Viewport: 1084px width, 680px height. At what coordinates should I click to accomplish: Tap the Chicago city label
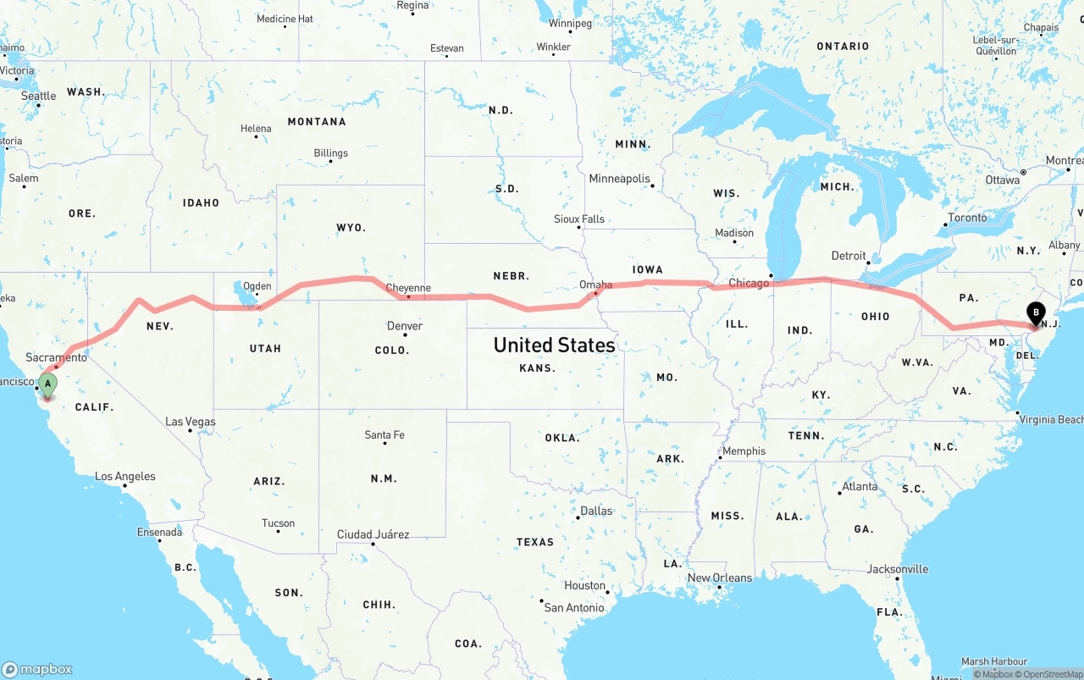749,283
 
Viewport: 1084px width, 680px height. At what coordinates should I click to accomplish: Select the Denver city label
404,326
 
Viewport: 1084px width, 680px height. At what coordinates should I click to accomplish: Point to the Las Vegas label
191,422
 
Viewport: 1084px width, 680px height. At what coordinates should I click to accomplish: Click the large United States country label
554,345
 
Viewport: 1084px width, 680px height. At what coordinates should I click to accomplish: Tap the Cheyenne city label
408,288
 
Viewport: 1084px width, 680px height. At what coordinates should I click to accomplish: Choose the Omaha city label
595,285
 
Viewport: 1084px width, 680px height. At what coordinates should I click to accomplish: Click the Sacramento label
56,358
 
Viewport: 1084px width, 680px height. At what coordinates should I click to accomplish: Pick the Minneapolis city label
619,179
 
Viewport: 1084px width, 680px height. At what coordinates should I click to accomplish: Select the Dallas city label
596,511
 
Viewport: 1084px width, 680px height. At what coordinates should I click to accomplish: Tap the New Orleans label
719,578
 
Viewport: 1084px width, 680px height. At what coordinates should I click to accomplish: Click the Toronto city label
967,218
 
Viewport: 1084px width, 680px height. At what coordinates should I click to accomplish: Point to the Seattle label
39,96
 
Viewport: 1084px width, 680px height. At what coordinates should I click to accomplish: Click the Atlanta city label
860,487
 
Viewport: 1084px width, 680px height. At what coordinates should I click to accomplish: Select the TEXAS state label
534,542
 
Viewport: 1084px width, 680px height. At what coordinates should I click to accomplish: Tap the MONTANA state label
317,122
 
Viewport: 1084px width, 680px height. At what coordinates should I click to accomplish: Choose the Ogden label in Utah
257,286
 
